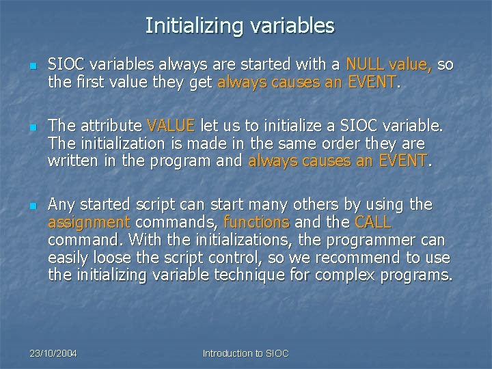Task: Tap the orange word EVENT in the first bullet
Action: (371, 83)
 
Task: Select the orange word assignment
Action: (89, 222)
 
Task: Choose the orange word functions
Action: (256, 222)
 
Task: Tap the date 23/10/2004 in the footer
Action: (53, 353)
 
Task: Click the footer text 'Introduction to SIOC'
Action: (246, 353)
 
